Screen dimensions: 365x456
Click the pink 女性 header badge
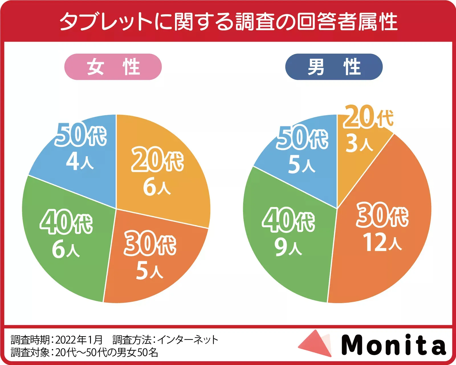[x=113, y=67]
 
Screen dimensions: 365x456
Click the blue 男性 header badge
[x=334, y=67]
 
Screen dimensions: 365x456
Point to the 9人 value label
[x=288, y=247]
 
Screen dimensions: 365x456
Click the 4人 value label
[x=80, y=161]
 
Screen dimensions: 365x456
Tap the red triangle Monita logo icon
[x=316, y=344]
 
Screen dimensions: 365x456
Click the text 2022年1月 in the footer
[x=79, y=340]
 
